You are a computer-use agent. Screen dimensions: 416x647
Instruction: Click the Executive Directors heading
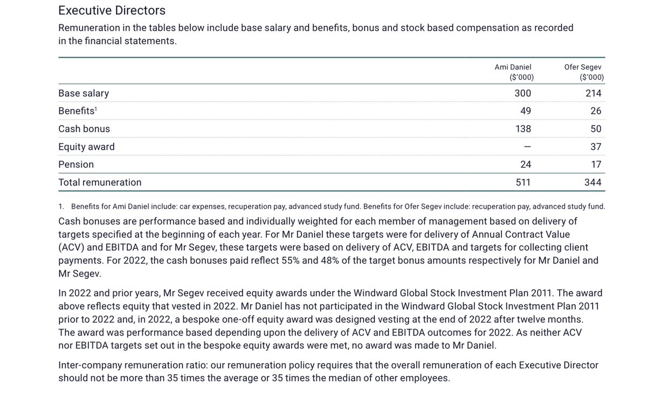tap(112, 10)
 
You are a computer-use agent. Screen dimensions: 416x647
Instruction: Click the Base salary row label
tap(84, 93)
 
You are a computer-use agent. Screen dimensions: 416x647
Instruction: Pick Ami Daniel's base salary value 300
tap(522, 93)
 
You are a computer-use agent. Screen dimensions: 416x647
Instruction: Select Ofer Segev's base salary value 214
tap(593, 93)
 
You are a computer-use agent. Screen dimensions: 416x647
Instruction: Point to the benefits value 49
tap(525, 111)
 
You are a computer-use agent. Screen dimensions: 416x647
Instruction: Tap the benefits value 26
tap(596, 111)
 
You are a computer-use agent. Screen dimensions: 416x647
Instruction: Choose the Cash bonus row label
tap(84, 129)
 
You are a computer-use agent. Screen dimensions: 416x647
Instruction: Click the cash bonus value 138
tap(523, 129)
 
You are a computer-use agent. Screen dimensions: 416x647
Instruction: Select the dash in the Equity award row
tap(527, 147)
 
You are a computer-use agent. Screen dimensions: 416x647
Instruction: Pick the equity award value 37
tap(596, 147)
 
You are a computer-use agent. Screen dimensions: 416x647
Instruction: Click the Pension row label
tap(76, 165)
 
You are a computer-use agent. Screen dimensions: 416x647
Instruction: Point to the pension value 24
tap(525, 165)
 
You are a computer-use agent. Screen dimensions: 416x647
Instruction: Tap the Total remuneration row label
tap(100, 182)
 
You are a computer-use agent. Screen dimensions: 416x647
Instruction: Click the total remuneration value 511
tap(523, 182)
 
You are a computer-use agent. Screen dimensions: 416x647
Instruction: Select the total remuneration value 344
tap(593, 182)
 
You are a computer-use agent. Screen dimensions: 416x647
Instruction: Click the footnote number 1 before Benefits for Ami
tap(61, 207)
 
